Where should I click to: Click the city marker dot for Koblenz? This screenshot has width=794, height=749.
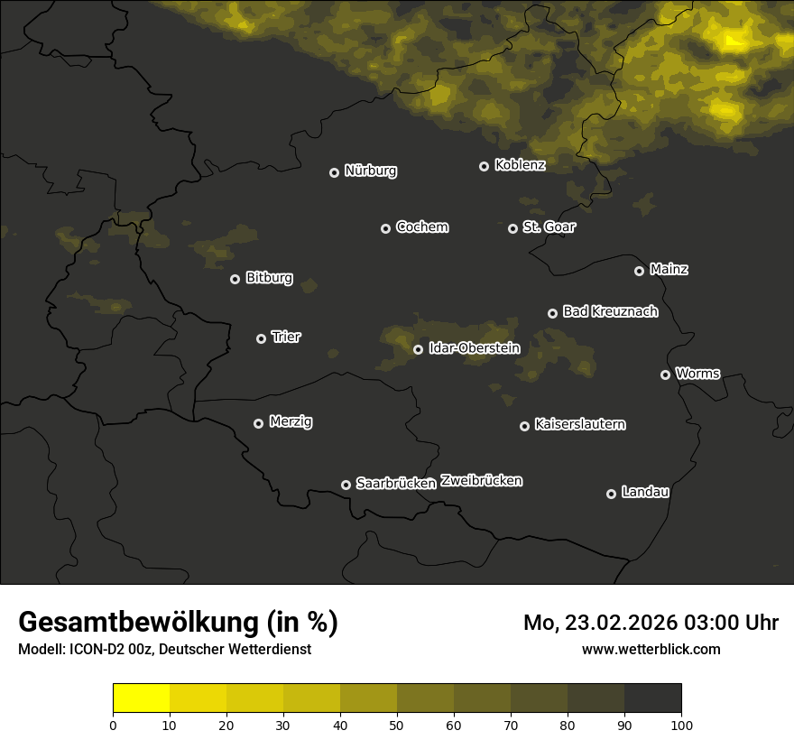coord(484,166)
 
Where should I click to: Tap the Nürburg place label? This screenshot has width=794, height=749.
coord(370,171)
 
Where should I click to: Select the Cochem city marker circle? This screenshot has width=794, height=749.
coord(385,228)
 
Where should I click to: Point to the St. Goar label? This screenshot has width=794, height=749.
coord(549,227)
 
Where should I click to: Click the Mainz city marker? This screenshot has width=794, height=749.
coord(639,271)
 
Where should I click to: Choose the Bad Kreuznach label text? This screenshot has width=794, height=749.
coord(610,311)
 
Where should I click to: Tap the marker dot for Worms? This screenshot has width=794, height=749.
coord(665,374)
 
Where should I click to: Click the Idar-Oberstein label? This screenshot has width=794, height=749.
coord(474,348)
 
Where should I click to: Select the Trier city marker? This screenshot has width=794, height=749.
coord(261,338)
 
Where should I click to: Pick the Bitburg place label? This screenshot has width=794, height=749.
coord(269,278)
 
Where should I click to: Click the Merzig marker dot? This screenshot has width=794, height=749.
coord(258,423)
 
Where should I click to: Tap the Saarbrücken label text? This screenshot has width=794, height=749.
coord(396,484)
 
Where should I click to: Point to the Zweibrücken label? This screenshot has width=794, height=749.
coord(481,481)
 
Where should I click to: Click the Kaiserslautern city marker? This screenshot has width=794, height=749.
coord(524,426)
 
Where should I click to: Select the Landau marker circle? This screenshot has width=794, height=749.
coord(611,494)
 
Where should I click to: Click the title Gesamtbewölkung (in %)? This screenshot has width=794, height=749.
coord(178,623)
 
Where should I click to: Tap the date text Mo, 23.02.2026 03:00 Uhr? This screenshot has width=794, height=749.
coord(651,623)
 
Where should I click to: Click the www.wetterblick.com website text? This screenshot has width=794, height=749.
coord(651,649)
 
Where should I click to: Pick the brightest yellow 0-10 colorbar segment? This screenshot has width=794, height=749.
coord(141,698)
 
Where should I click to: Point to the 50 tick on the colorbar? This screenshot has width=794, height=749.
coord(397,724)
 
